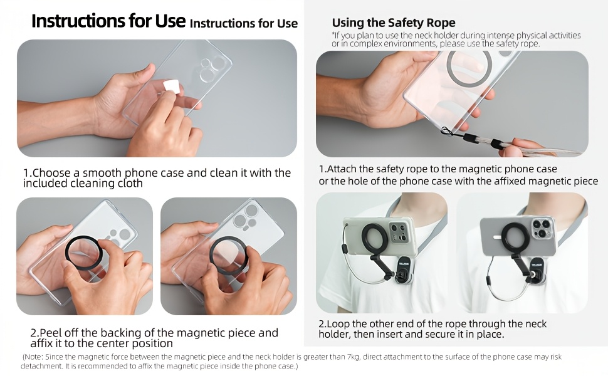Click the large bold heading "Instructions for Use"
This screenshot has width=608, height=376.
108,21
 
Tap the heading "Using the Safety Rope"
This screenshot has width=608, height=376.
394,23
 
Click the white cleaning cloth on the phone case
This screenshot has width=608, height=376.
171,86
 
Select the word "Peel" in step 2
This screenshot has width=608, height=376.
51,333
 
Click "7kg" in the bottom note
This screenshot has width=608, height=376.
352,357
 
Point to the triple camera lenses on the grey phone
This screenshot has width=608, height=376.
542,228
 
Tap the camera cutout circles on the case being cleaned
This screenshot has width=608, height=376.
212,68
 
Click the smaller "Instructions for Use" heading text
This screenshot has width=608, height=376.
244,24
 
